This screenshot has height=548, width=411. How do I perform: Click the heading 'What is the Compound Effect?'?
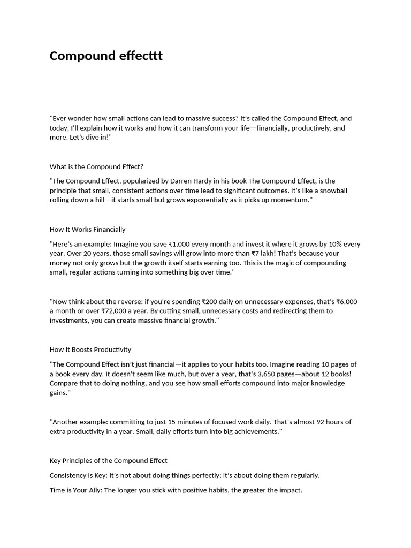(96, 166)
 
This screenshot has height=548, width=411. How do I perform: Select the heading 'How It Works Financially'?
(87, 229)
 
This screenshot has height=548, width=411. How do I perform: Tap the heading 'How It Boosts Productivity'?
(90, 349)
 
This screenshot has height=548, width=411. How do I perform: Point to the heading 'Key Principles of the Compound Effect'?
(108, 460)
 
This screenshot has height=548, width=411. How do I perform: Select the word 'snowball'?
(334, 191)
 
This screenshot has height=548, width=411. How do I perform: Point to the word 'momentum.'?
(289, 200)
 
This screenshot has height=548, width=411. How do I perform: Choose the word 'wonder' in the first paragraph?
(81, 118)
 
